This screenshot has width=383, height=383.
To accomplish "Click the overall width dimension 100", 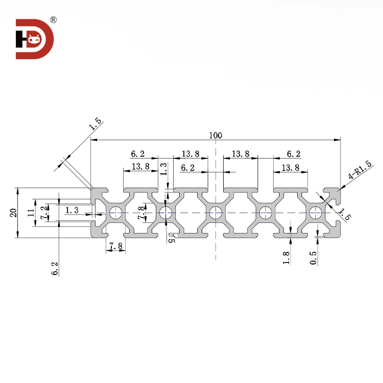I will click(215, 135).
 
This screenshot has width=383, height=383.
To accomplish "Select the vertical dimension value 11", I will click(30, 212).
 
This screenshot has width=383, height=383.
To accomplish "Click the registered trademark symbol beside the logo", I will click(53, 20).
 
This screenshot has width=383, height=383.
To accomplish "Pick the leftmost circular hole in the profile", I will click(115, 212).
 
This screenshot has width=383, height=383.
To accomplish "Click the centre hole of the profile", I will click(216, 212).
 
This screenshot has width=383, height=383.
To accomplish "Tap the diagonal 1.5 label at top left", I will click(95, 126).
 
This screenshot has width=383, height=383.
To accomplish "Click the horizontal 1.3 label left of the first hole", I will click(72, 209).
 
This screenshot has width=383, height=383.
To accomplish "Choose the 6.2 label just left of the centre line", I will click(188, 167).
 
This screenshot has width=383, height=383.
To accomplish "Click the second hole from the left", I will click(165, 212).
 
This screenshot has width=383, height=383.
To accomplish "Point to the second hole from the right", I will click(266, 212).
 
